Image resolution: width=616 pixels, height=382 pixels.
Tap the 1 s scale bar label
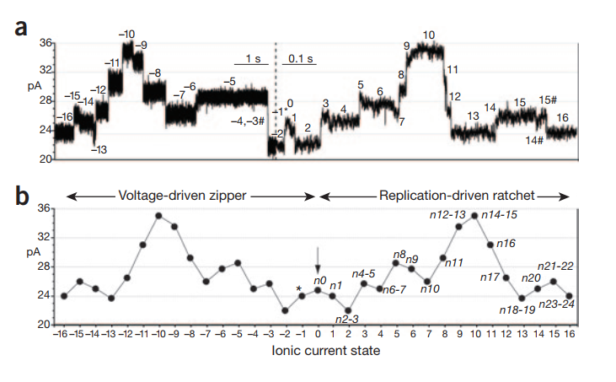click(x=254, y=58)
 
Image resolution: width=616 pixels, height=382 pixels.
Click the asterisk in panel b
click(x=298, y=289)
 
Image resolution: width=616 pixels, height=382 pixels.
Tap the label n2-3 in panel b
click(x=347, y=319)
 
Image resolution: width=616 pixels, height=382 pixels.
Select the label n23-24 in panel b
click(x=554, y=304)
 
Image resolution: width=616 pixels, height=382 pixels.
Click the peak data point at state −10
click(x=158, y=216)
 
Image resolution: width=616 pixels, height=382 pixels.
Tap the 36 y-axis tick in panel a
click(x=46, y=43)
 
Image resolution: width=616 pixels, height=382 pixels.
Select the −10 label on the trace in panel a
click(x=126, y=34)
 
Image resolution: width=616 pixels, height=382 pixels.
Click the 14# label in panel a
click(x=533, y=139)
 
